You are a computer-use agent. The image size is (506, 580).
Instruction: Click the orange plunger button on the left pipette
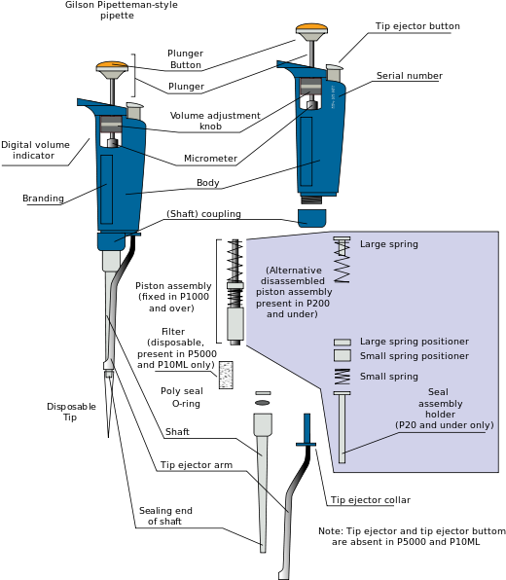click(112, 66)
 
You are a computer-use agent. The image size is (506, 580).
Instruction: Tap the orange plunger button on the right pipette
click(311, 28)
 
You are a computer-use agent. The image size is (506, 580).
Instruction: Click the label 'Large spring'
click(389, 244)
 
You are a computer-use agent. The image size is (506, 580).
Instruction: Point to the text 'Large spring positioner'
click(414, 342)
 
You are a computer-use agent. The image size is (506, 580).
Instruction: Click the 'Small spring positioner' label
click(414, 356)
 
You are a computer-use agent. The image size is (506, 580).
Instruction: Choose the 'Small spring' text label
click(389, 377)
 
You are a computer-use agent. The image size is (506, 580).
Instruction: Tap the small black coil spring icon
click(342, 376)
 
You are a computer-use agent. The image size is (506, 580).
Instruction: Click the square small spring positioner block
click(342, 355)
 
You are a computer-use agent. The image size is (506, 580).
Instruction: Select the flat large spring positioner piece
click(342, 343)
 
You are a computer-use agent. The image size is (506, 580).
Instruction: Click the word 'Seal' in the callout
click(438, 392)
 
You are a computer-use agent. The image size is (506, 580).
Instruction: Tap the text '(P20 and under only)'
click(444, 425)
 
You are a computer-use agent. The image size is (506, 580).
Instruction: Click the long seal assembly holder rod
click(342, 428)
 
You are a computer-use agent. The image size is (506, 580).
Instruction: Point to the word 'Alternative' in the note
click(294, 271)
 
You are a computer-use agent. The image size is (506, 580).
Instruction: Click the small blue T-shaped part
click(307, 430)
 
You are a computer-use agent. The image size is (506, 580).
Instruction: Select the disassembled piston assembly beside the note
click(235, 292)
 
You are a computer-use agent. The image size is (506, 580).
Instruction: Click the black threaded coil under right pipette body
click(311, 200)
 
